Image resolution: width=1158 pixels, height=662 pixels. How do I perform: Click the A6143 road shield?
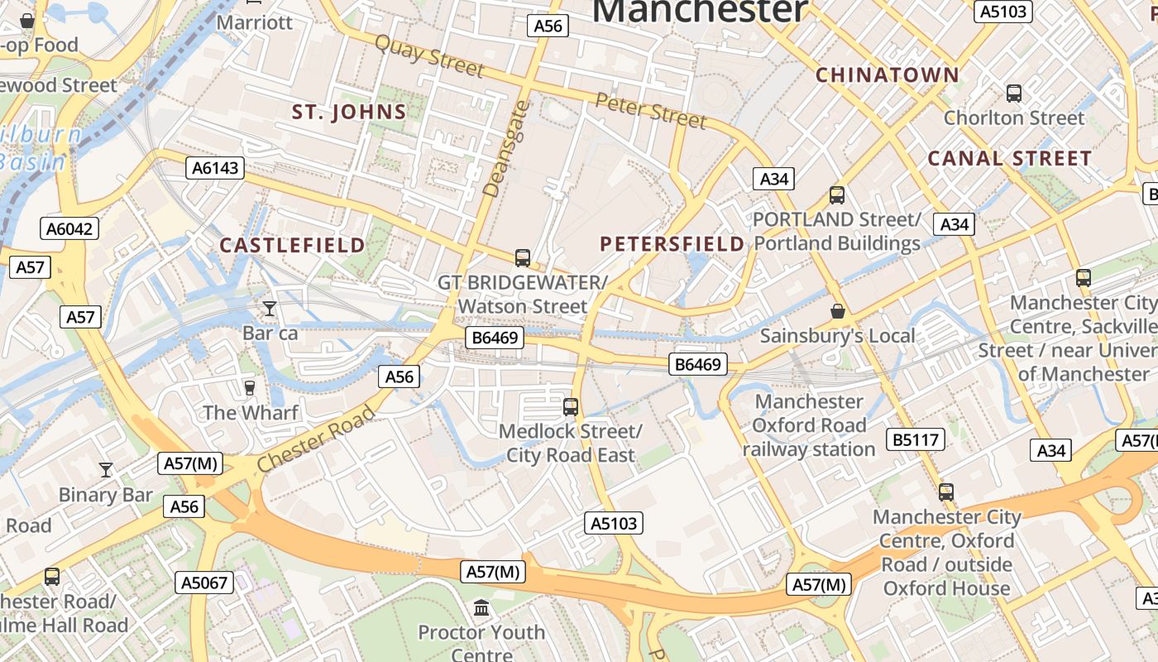pos(215,168)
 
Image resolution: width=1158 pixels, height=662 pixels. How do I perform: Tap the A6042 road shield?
pos(69,228)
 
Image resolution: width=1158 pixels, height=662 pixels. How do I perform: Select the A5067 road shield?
pos(204,583)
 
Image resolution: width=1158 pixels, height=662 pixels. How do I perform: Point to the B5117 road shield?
pos(916,439)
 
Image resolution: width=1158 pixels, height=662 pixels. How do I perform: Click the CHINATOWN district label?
pos(888,75)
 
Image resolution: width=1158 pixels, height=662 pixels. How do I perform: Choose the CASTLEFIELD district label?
pos(292,245)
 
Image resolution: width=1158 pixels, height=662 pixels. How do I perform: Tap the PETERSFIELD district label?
pos(672,243)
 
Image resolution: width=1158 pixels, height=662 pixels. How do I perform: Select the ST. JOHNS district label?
pos(349,113)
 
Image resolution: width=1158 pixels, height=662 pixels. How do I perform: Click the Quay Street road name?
pos(428,55)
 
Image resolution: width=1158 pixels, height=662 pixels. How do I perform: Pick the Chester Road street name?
pos(316,439)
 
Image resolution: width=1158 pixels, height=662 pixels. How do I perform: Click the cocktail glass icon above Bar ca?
pos(270,309)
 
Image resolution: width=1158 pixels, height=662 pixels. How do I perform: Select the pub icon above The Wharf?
pos(249,387)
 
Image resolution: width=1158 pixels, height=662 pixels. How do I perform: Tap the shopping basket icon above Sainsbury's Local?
pos(837,311)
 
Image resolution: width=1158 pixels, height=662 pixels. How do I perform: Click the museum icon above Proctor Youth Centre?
pos(481,609)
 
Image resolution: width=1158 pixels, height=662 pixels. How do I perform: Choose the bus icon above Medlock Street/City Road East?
pos(570,406)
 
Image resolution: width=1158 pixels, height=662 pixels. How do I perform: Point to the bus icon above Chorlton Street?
pos(1013,94)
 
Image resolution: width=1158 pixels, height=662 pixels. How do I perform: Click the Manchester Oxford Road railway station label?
pos(809,425)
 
